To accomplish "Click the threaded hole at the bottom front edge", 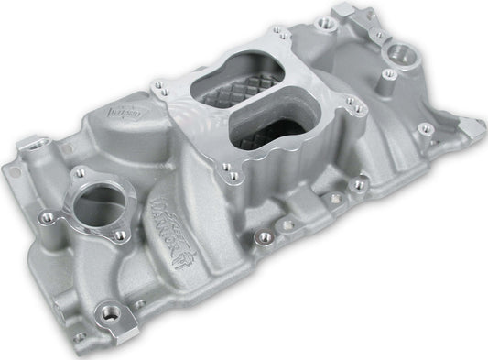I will (117, 316).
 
